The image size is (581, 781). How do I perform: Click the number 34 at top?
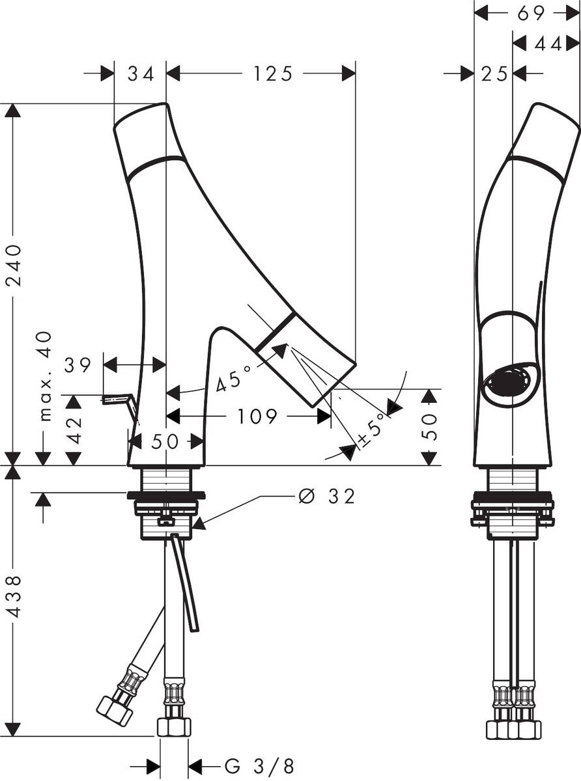(141, 74)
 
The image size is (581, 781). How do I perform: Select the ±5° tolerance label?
(371, 431)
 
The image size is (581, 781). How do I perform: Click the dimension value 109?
(258, 417)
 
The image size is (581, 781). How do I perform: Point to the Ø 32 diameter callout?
(326, 497)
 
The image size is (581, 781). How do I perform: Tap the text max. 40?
(44, 376)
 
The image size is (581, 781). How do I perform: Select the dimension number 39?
(78, 364)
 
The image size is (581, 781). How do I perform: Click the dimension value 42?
(75, 430)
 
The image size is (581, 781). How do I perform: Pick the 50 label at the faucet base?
(165, 441)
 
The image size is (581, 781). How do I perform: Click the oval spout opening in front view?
(510, 382)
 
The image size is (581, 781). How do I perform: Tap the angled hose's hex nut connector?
(115, 711)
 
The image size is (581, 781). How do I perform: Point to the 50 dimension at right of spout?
(429, 426)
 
